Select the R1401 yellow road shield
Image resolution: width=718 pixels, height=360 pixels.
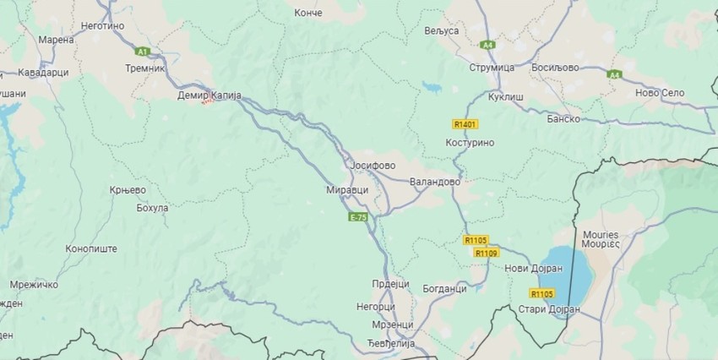465,124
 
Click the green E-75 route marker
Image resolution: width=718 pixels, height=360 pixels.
358,217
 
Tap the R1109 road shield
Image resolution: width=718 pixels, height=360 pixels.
486,253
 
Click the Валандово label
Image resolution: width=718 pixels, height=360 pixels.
434,182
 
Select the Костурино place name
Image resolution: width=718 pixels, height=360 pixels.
469,143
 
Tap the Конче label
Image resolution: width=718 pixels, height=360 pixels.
308,13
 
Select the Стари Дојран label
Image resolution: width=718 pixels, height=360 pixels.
550,309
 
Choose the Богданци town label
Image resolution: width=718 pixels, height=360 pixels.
443,289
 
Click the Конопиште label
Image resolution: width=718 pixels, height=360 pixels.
91,248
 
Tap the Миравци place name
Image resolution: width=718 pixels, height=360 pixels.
348,191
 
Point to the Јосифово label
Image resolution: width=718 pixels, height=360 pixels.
373,165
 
